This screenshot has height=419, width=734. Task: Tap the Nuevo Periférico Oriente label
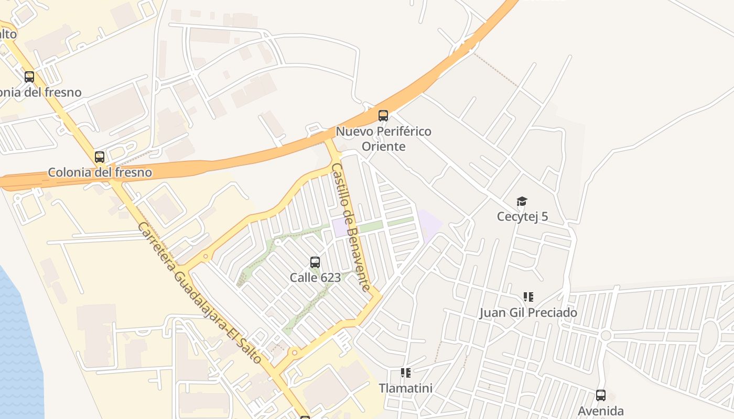tap(383, 138)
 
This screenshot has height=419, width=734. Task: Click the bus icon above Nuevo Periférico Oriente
tap(383, 116)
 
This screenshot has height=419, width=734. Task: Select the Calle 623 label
tap(315, 278)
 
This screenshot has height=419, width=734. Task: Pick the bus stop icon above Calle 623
tap(315, 262)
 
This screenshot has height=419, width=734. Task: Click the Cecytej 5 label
tap(522, 216)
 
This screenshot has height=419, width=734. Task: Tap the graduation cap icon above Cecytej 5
tap(522, 202)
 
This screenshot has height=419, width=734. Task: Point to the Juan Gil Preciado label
tap(528, 313)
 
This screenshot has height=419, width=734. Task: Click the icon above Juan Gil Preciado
tap(528, 297)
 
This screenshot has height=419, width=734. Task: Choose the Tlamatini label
tap(406, 388)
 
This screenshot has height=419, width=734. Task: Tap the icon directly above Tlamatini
tap(406, 373)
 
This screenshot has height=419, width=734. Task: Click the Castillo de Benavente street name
tap(351, 227)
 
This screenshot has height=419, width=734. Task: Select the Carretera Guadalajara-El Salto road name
tap(199, 293)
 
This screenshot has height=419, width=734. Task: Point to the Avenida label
tap(601, 411)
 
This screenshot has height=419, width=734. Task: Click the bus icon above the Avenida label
tap(601, 395)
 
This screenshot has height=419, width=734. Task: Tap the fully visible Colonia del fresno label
tap(100, 172)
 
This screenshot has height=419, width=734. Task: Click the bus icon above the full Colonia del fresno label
tap(100, 157)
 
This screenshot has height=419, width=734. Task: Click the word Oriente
tap(384, 146)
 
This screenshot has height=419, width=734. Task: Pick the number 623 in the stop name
tap(330, 278)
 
